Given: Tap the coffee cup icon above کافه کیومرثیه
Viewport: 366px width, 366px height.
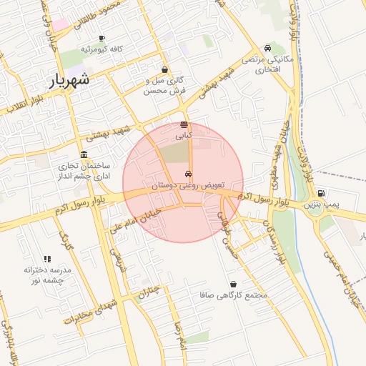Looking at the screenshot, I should (102, 38).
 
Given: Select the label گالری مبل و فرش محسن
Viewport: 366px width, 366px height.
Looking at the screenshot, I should (165, 86).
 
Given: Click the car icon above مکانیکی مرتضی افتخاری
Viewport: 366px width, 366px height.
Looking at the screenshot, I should (267, 47).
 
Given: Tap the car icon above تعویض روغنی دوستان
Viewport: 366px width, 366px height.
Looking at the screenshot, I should (187, 174).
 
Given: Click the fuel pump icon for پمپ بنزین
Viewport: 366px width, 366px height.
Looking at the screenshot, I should (321, 193).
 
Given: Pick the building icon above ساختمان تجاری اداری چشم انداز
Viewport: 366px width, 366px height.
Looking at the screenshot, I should (84, 155).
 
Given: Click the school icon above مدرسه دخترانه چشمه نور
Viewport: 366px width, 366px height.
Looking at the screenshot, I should (47, 259).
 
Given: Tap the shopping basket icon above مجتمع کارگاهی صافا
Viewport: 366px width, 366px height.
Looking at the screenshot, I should (234, 284).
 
